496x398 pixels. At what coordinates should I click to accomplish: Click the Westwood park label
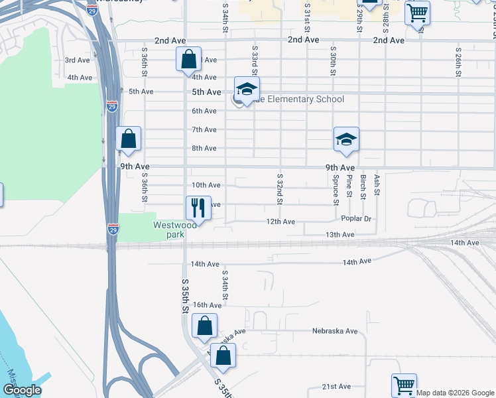pyautogui.click(x=175, y=230)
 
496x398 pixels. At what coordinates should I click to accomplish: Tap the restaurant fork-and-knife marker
pyautogui.click(x=198, y=208)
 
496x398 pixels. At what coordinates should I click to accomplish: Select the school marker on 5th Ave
pyautogui.click(x=247, y=90)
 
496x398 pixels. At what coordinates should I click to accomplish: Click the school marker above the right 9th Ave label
pyautogui.click(x=345, y=139)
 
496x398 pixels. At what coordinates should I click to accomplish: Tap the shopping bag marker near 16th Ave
pyautogui.click(x=204, y=326)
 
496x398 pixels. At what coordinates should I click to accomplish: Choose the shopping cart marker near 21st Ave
pyautogui.click(x=404, y=385)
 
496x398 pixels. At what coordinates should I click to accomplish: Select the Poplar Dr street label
pyautogui.click(x=356, y=218)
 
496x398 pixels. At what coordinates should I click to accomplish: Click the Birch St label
pyautogui.click(x=363, y=186)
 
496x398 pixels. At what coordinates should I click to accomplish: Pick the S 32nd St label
pyautogui.click(x=280, y=189)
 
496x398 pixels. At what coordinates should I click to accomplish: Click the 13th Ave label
pyautogui.click(x=340, y=235)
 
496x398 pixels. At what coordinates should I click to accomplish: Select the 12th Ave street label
pyautogui.click(x=280, y=222)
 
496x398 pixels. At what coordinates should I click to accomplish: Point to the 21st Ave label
pyautogui.click(x=336, y=386)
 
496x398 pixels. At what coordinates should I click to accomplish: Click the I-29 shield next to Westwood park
pyautogui.click(x=113, y=230)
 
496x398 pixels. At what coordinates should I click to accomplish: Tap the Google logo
pyautogui.click(x=22, y=390)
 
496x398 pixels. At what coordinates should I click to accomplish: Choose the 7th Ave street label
pyautogui.click(x=204, y=129)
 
